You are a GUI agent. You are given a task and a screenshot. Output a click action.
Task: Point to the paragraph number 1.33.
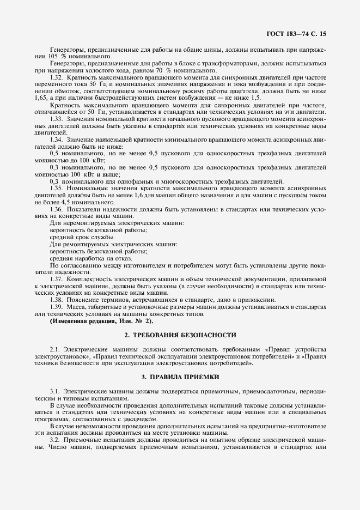coord(56,119)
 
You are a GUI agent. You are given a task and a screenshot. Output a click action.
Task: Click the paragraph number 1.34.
coord(56,139)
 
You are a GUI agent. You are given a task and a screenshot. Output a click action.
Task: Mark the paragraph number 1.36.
coord(56,209)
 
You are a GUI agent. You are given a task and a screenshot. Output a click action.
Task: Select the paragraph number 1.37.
coord(56,278)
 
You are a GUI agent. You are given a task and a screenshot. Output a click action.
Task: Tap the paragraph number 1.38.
coord(56,299)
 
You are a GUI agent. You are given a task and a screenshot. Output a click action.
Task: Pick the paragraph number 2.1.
coord(54,348)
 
